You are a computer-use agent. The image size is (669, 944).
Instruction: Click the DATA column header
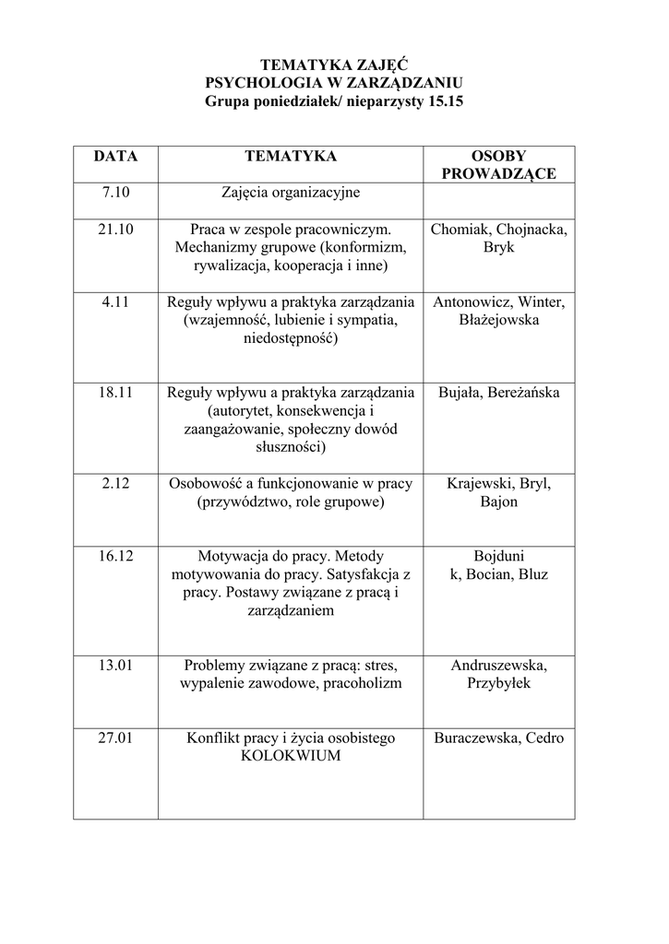point(115,157)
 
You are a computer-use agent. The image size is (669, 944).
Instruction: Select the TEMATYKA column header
point(290,157)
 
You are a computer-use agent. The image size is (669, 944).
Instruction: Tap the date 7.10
point(115,194)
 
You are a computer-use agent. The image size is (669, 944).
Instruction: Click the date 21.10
point(115,230)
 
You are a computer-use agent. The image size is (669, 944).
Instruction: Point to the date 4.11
point(115,302)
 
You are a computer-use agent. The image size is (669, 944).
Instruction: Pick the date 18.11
point(115,393)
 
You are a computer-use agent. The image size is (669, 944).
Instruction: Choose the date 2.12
point(115,483)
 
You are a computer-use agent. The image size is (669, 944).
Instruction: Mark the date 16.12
point(115,556)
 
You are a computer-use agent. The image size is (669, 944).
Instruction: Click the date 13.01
point(115,666)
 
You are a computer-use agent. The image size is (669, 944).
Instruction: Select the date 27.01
point(115,738)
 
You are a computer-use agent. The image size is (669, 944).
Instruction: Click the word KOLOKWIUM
point(290,757)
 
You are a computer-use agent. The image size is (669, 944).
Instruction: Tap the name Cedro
point(544,738)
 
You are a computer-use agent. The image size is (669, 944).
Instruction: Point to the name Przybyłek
point(498,684)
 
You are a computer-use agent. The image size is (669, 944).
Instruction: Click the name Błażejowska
point(498,321)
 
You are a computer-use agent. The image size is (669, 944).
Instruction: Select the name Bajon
point(498,501)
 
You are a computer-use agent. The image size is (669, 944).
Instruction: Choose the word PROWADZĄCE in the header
point(498,174)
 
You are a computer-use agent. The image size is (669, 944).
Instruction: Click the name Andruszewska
point(498,666)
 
